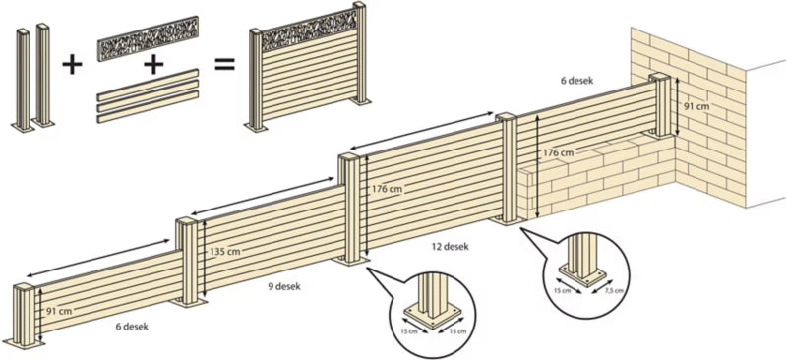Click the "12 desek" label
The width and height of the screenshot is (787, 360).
[x=451, y=247]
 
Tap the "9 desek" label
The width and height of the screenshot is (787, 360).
[x=284, y=286]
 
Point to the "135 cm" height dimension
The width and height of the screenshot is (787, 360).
[x=224, y=251]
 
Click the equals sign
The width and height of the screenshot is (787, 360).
[x=225, y=65]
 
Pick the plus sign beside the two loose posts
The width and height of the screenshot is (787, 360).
[x=72, y=65]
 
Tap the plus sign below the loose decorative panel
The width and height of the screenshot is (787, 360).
[x=153, y=64]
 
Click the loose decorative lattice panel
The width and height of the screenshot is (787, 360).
[x=149, y=38]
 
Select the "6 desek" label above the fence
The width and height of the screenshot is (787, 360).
[x=577, y=81]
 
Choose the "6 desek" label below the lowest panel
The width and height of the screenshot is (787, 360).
[x=132, y=326]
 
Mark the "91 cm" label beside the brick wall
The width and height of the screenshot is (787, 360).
[x=696, y=105]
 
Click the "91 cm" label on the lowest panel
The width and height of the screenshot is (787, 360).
[x=59, y=311]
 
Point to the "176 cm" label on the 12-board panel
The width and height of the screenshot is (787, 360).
[x=387, y=189]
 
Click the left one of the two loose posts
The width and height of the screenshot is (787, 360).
[x=23, y=80]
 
